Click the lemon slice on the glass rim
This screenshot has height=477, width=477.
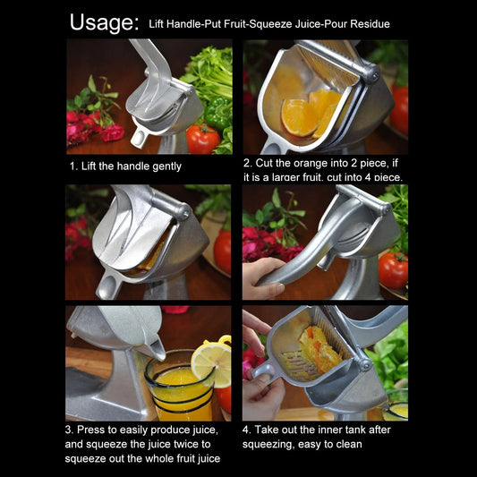point(210,361)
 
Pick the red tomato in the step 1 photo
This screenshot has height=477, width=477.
point(202,139)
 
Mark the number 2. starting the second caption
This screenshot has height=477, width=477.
point(248,164)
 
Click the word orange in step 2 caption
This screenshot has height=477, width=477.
point(310,164)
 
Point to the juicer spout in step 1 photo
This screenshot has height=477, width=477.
point(140,139)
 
